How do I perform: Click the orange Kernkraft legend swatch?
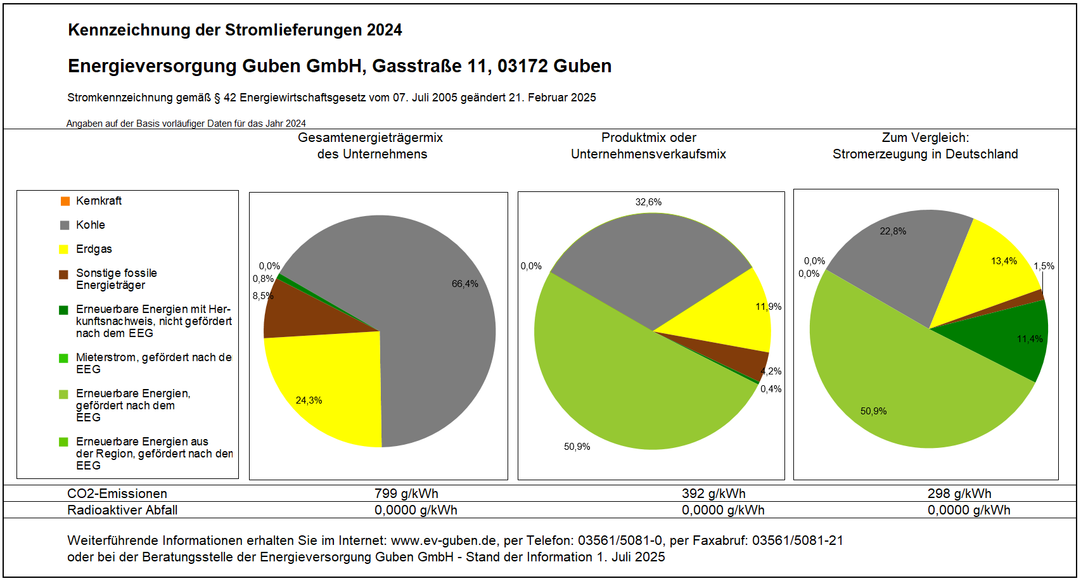click(x=65, y=201)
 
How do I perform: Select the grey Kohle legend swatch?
click(x=65, y=225)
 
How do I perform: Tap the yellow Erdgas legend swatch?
click(x=64, y=249)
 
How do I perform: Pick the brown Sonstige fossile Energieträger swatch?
click(x=64, y=274)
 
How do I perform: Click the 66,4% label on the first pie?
click(x=464, y=284)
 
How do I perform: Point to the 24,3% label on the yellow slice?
click(x=309, y=400)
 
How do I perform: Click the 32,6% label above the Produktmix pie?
click(x=648, y=202)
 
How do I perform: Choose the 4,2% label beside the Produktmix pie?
click(x=771, y=371)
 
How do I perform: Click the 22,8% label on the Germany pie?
click(x=893, y=231)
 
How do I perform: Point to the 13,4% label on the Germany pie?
click(x=1004, y=261)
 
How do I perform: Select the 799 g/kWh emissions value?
click(x=406, y=494)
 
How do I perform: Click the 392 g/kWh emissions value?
click(x=713, y=494)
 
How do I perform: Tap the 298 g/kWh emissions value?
click(x=959, y=494)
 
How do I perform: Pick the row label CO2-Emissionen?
click(x=117, y=494)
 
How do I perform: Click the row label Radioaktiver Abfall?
click(x=122, y=510)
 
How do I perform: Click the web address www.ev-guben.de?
click(x=444, y=540)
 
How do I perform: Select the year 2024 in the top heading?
click(x=384, y=30)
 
